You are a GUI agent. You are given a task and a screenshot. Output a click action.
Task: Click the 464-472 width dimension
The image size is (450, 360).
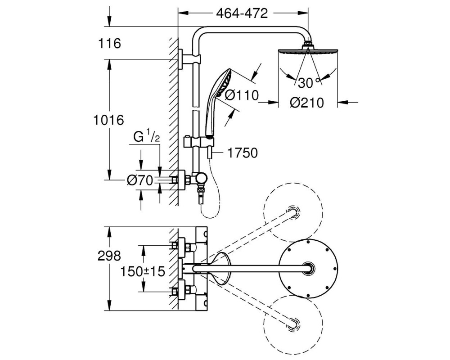click(242, 13)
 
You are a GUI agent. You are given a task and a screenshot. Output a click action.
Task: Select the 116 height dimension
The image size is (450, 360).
click(110, 44)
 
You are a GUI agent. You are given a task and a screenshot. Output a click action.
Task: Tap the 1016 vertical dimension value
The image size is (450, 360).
click(108, 120)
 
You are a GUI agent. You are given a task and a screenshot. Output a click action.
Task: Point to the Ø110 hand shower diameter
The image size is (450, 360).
click(241, 95)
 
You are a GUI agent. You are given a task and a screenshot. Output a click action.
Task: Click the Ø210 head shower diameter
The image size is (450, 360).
click(306, 103)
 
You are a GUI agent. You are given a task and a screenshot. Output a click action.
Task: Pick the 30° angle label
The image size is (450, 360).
click(309, 83)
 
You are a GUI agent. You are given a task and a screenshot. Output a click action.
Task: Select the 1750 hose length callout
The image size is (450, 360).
click(242, 153)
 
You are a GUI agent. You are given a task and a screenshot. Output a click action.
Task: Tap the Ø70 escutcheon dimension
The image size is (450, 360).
click(140, 180)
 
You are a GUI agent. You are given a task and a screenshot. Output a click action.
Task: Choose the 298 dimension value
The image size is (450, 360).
click(109, 256)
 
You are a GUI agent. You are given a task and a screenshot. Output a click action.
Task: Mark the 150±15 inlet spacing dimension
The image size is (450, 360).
click(143, 271)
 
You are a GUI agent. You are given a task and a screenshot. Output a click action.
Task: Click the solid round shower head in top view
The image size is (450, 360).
click(308, 268)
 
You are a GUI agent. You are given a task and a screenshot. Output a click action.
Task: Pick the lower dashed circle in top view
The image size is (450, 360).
click(293, 325)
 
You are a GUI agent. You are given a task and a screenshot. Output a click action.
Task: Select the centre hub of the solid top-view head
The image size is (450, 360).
click(308, 268)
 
